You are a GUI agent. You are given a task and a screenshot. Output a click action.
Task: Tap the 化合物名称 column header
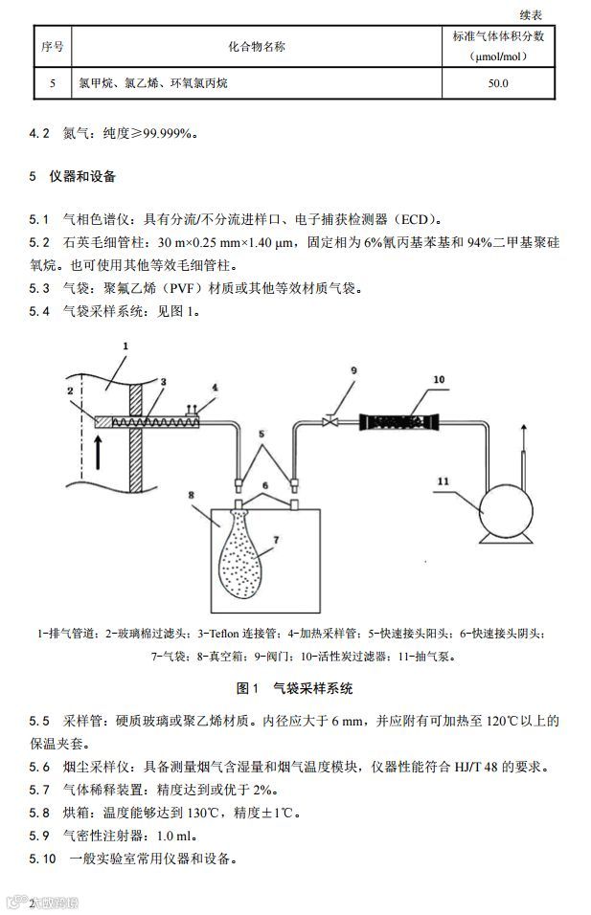(x=256, y=45)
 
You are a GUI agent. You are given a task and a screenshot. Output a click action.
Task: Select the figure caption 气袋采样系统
(x=313, y=688)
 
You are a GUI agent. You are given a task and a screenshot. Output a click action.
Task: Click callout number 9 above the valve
(x=353, y=370)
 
